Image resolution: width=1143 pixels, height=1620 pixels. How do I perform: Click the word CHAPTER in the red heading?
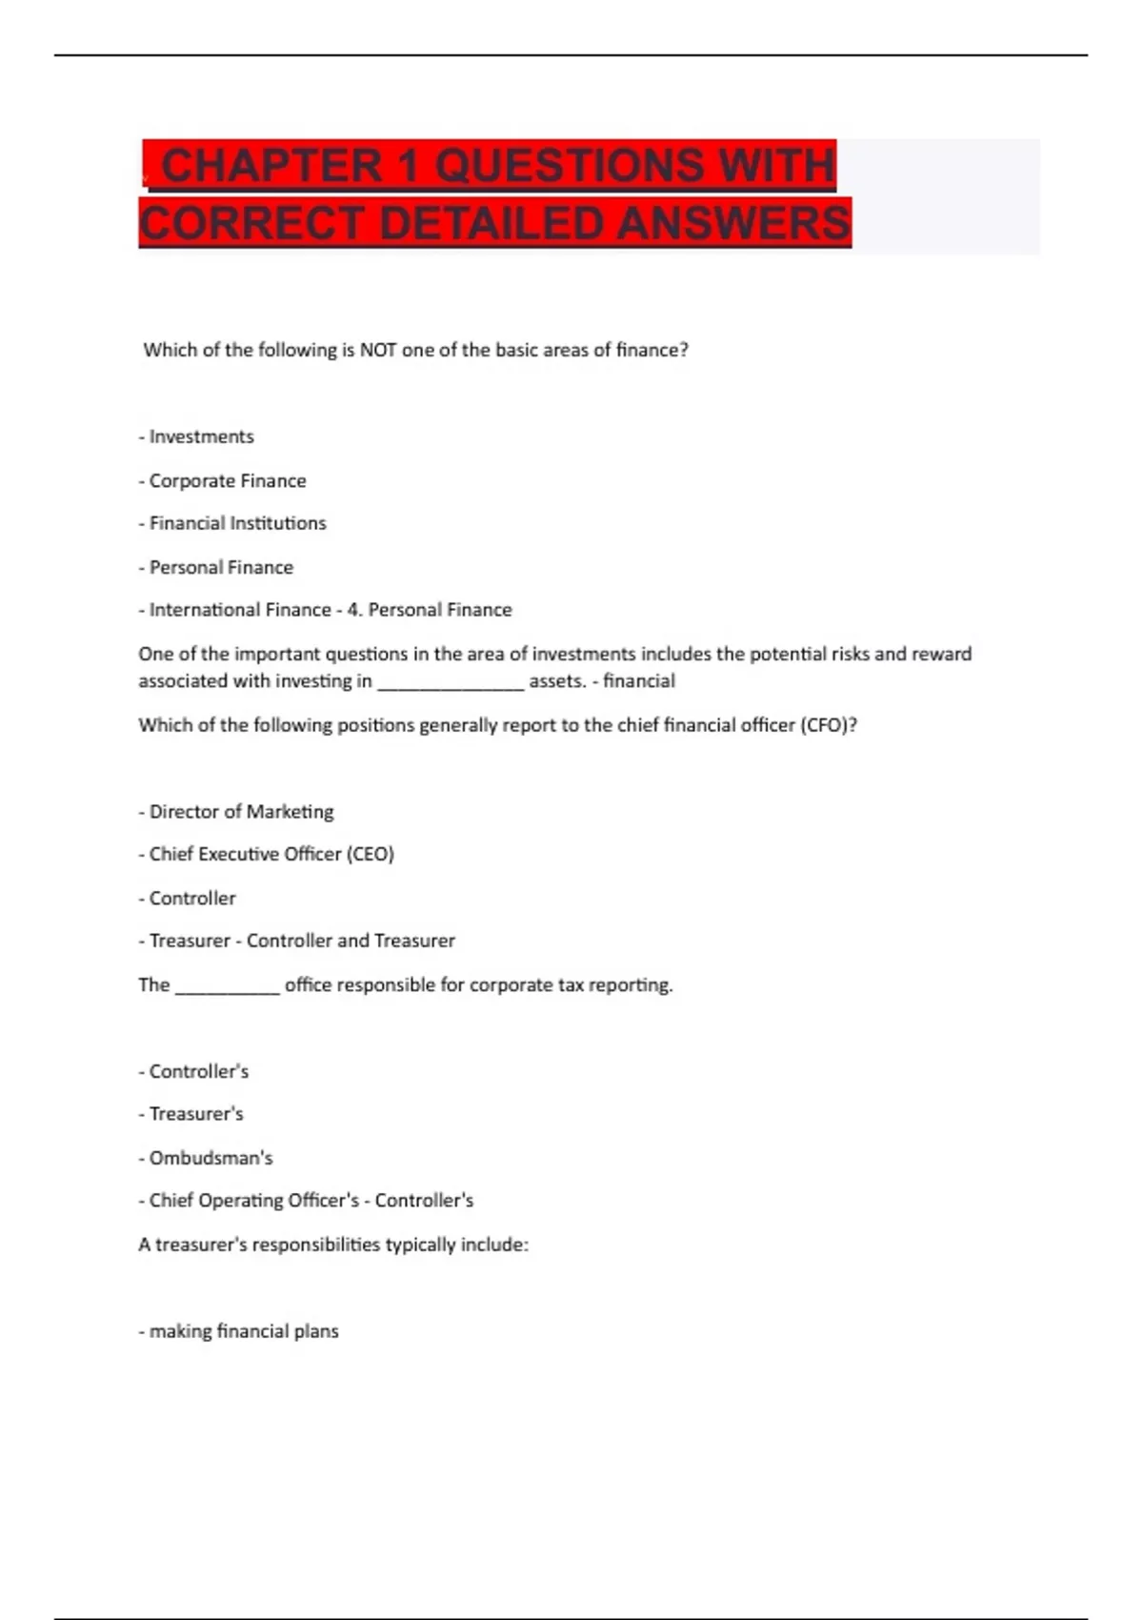point(271,166)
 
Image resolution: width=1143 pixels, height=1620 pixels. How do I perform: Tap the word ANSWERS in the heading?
point(732,224)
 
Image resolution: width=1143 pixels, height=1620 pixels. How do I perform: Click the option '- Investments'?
point(196,436)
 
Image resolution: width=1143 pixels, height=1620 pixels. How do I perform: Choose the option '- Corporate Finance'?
point(223,480)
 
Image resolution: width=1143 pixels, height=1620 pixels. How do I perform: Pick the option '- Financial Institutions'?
point(232,523)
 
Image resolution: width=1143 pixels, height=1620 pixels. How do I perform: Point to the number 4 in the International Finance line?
point(352,610)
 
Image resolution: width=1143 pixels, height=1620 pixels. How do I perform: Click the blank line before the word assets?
point(451,682)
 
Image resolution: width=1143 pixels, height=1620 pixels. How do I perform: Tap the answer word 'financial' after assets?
point(639,681)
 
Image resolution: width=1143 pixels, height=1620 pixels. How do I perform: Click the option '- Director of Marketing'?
point(236,812)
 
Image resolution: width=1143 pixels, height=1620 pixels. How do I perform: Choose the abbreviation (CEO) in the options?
point(370,854)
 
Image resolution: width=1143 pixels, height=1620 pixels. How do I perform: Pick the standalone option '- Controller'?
point(188,898)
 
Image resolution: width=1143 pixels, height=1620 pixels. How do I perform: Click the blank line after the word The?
point(228,986)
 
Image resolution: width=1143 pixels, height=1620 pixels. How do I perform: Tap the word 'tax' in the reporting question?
point(570,985)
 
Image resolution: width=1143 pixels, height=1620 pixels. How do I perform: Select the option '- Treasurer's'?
point(191,1114)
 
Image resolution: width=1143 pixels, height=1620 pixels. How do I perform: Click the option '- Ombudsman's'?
point(206,1158)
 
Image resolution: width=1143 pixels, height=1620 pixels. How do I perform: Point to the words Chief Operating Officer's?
point(253,1201)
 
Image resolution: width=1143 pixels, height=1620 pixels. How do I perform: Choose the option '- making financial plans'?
point(239,1331)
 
